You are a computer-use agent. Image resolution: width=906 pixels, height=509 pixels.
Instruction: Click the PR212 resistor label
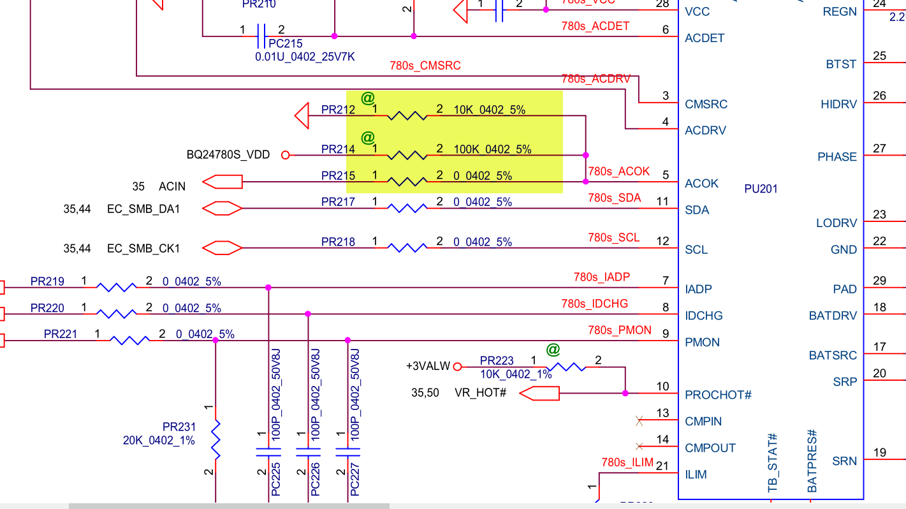(338, 110)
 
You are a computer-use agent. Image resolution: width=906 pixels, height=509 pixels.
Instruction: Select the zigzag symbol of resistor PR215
(407, 182)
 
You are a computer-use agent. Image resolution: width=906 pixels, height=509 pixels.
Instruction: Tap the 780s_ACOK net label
(618, 171)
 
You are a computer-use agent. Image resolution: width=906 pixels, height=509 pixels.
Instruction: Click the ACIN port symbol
(223, 182)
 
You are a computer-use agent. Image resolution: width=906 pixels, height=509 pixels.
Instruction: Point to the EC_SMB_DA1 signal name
(143, 209)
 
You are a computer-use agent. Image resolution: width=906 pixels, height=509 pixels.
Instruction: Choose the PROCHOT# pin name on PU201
(718, 395)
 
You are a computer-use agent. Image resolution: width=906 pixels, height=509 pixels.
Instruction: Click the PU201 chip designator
(761, 189)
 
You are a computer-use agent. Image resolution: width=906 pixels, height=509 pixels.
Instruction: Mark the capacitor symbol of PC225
(268, 452)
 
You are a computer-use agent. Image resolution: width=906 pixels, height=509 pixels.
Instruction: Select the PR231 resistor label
(179, 427)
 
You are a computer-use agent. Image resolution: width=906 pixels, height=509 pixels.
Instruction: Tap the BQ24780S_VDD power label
(228, 154)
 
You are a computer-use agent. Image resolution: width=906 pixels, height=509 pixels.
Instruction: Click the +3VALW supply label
(428, 366)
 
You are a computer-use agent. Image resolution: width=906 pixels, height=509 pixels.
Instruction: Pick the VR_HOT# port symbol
(539, 394)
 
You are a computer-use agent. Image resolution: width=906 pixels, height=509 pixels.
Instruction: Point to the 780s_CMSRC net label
(425, 66)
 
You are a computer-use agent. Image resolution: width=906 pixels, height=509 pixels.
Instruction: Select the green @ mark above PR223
(553, 350)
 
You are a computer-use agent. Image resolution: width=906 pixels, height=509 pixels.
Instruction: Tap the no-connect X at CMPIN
(639, 421)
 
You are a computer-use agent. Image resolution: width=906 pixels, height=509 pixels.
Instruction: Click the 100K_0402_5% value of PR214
(492, 149)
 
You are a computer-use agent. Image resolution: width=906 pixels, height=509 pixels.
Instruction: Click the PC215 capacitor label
(285, 44)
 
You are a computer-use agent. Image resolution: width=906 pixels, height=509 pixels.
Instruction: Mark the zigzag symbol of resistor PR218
(407, 247)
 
